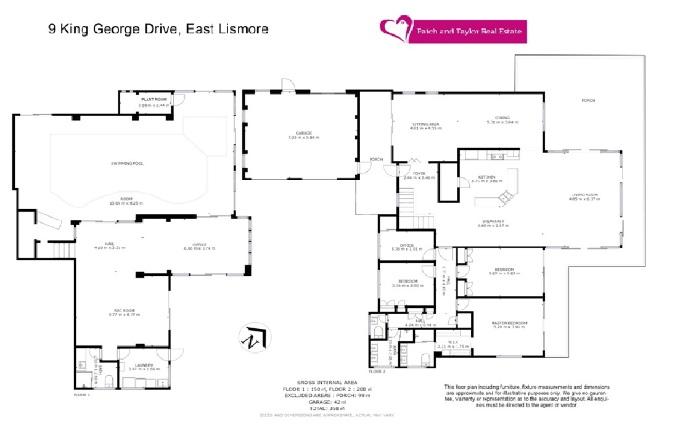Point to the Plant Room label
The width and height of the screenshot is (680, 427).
click(154, 99)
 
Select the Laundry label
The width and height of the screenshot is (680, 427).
click(143, 365)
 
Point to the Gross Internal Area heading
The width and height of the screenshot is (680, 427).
click(323, 383)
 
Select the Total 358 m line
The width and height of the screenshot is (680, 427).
click(323, 408)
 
